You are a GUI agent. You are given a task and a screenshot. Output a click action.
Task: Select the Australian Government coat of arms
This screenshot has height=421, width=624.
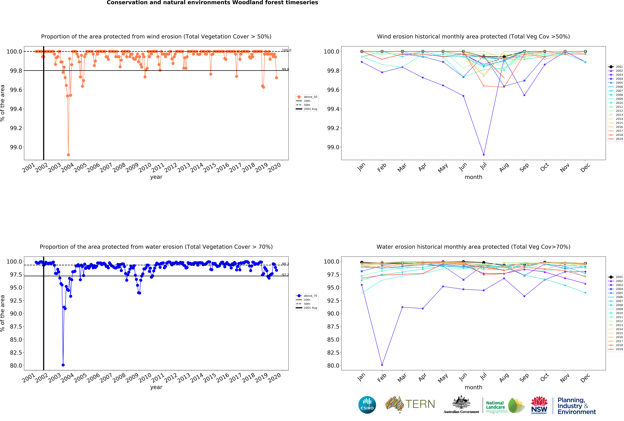pyautogui.click(x=461, y=402)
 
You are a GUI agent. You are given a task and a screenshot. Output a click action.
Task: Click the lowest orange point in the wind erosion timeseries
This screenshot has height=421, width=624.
pyautogui.click(x=68, y=155)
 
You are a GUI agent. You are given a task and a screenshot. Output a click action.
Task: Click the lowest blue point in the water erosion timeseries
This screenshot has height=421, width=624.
pyautogui.click(x=63, y=365)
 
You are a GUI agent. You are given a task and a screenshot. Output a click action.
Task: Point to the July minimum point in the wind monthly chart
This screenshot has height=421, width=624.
pyautogui.click(x=484, y=155)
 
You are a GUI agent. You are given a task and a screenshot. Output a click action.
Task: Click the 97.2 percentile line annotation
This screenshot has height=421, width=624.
pyautogui.click(x=285, y=275)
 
